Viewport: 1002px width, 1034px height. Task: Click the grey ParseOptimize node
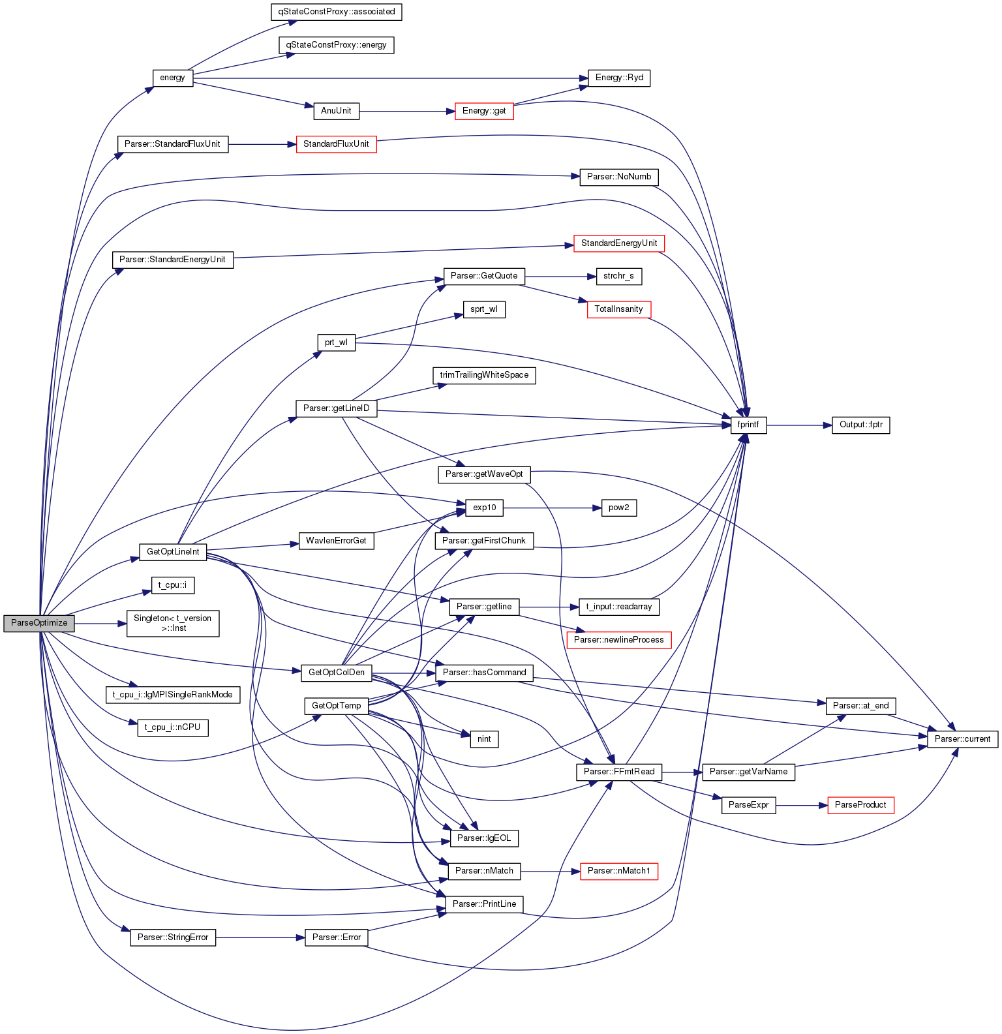tap(39, 623)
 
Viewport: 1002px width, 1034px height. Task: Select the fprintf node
tap(748, 425)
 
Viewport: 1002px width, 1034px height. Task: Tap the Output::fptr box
tap(861, 425)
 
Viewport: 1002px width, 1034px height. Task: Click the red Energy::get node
tap(484, 111)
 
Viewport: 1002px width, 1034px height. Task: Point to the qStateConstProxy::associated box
tap(337, 12)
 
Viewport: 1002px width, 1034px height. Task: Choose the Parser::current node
tap(963, 739)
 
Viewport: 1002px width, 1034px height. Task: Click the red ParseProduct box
tap(860, 805)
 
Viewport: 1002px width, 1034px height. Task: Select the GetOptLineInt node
tap(173, 552)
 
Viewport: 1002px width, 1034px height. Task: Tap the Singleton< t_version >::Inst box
tap(173, 623)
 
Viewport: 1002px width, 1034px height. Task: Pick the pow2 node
tap(619, 508)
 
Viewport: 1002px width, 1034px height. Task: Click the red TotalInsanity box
tap(619, 309)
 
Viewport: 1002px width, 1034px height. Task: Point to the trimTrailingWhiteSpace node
tap(484, 375)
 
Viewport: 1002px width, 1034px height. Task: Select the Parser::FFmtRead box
tap(619, 772)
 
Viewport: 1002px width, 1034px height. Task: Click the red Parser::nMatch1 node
tap(619, 871)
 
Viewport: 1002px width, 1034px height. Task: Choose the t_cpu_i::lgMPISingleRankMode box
tap(173, 695)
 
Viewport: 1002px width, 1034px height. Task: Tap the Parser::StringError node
tap(173, 937)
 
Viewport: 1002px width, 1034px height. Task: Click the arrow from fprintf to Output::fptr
tap(799, 425)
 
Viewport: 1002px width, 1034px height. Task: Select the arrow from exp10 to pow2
tap(552, 508)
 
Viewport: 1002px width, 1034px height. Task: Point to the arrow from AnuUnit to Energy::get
tap(407, 112)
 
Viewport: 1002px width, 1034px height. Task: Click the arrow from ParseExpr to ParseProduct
tap(802, 806)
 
